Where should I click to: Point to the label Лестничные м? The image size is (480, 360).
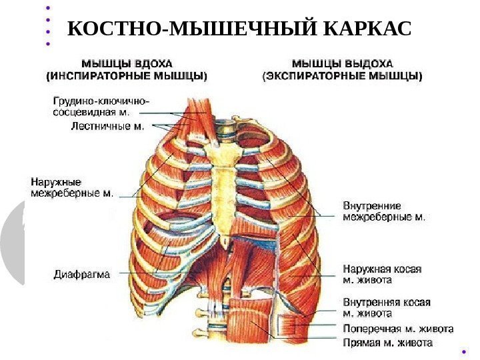point(107,125)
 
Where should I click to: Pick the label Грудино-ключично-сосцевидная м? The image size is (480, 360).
point(101,107)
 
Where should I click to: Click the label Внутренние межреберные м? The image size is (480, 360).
point(384,211)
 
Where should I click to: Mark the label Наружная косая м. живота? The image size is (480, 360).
point(382,273)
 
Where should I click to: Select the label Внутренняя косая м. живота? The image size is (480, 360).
point(386,307)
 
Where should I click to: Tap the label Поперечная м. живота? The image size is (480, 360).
point(398,329)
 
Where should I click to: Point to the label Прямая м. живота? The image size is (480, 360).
point(387,343)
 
